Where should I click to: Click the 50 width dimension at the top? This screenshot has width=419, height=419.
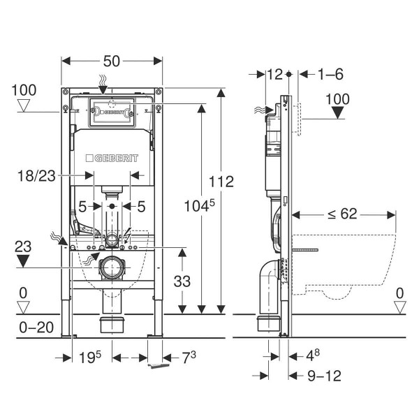coord(112,61)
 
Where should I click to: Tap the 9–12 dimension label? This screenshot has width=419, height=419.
coord(324,376)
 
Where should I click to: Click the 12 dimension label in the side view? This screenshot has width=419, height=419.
coord(274,73)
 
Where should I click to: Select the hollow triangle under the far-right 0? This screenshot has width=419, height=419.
coord(400,307)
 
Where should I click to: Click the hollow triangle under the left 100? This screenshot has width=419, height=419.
coord(24,106)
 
